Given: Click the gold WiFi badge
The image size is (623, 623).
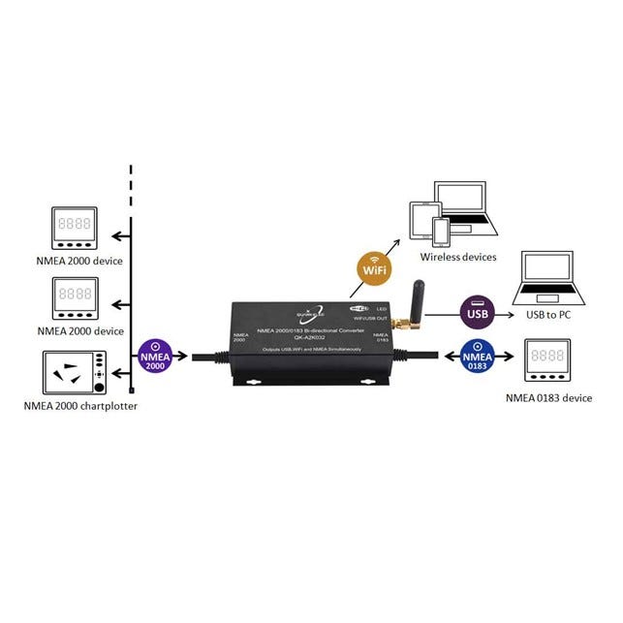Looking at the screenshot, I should coord(372,267).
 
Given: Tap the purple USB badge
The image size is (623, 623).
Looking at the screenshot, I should coord(477,313).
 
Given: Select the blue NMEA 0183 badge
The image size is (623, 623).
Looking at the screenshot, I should coord(476,356).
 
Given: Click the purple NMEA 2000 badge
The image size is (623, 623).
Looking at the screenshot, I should coord(156,358).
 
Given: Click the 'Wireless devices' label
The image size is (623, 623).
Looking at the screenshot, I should coord(457,257).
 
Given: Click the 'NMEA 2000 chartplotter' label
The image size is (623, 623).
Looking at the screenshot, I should coord(80,406).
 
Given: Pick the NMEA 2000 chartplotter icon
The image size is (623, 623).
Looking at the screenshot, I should coord(74,372).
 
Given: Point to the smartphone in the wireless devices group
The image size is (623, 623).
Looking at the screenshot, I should coord(441,231).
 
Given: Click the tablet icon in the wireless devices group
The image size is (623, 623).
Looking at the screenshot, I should coord(422,222).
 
